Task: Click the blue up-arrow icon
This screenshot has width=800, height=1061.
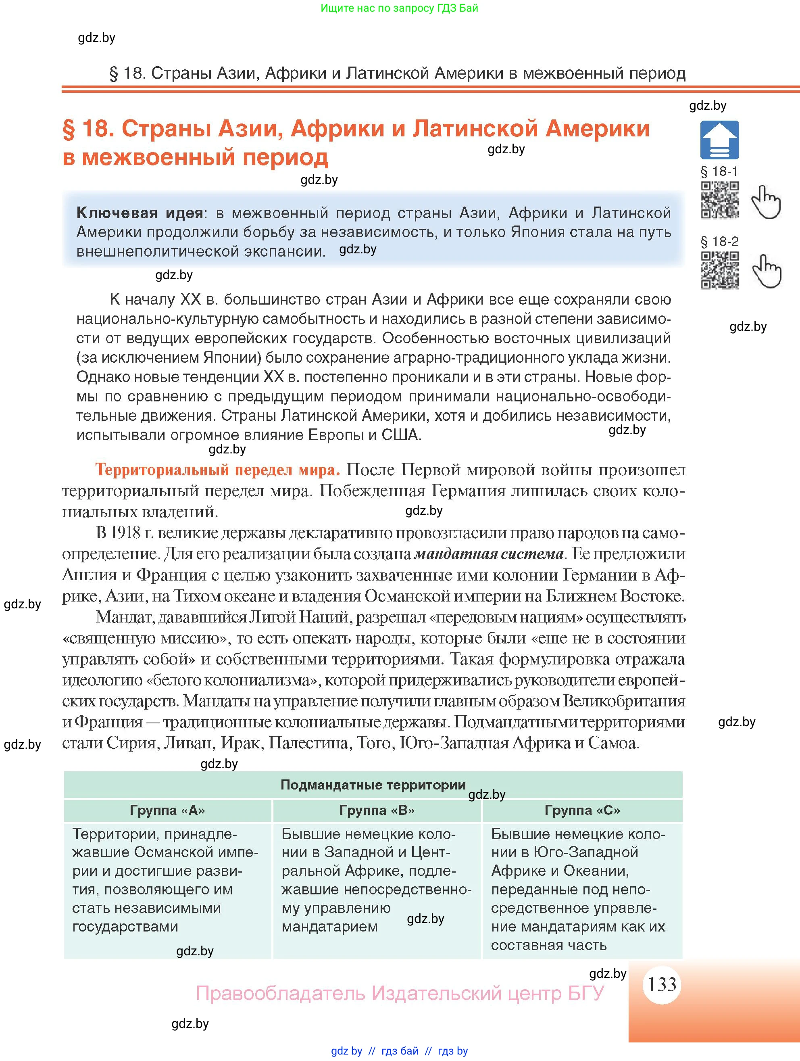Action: coord(719,140)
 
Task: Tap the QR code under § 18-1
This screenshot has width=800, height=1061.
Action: coord(719,200)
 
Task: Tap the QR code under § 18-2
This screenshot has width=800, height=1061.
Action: coord(719,270)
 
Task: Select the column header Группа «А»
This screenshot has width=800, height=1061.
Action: coord(167,810)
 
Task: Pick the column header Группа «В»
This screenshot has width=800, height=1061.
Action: coord(377,810)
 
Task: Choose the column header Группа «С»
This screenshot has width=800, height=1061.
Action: coord(582,810)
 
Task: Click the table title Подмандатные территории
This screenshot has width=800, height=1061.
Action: coord(373,785)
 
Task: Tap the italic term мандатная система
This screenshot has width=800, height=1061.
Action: coord(488,554)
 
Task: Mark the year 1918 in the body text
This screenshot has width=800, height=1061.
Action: coord(125,533)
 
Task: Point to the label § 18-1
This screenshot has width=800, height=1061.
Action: coord(719,171)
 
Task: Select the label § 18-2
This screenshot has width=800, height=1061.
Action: coord(719,241)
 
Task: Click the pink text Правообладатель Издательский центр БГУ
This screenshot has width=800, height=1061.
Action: coord(400,993)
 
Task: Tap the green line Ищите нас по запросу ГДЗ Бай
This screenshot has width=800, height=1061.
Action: coord(399,8)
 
